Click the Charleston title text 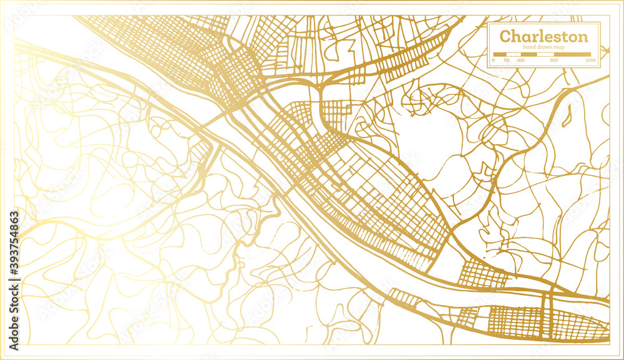pos(544,36)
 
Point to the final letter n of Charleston pos(583,37)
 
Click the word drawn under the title pos(545,47)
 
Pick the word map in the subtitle pos(560,47)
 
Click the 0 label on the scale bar pos(493,61)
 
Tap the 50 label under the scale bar pos(506,61)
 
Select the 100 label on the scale pos(520,61)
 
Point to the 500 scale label pos(554,61)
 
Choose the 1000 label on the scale pos(590,61)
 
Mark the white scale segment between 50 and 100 pos(513,54)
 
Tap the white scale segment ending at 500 pos(545,54)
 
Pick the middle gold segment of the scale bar pos(528,54)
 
